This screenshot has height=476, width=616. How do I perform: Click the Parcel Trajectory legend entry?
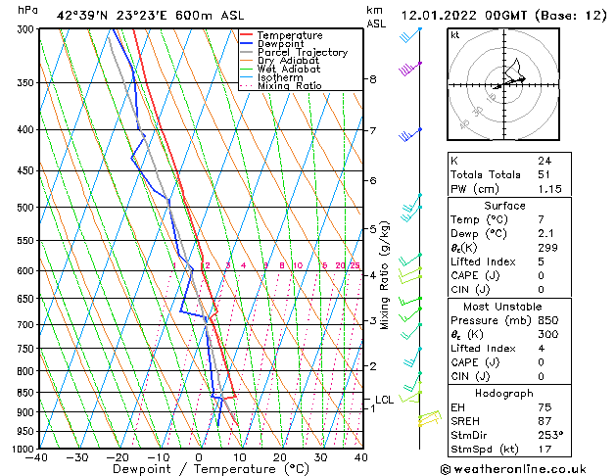coord(302,52)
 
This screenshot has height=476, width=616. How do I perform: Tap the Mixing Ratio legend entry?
coord(290,86)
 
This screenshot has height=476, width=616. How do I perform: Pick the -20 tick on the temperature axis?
coord(117,457)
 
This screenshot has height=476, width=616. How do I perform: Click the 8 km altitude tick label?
coord(373,79)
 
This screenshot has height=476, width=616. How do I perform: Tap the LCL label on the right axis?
coord(384,400)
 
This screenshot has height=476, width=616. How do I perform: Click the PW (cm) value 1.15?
coord(548,188)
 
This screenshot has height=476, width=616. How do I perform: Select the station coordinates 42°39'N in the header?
coord(82,16)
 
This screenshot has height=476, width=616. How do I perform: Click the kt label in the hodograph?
coord(455,34)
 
